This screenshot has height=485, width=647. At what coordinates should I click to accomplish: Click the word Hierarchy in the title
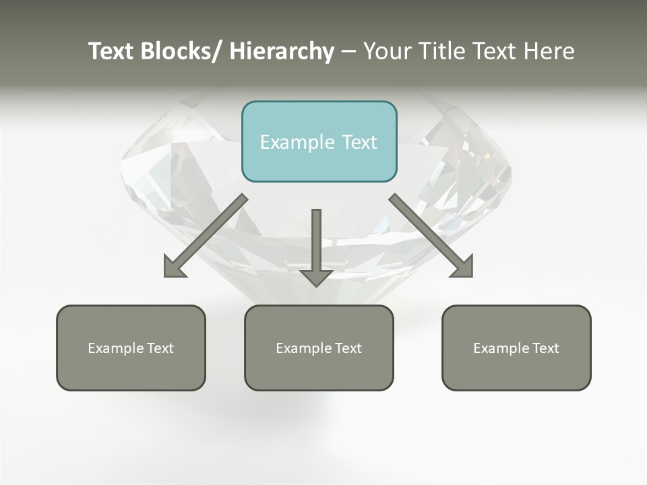pyautogui.click(x=282, y=52)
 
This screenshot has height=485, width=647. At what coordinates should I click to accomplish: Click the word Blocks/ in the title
pyautogui.click(x=181, y=52)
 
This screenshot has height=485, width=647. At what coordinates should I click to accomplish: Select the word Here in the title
pyautogui.click(x=549, y=52)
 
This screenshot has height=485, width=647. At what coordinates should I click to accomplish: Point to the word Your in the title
pyautogui.click(x=388, y=52)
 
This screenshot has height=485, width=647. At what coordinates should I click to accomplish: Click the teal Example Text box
pyautogui.click(x=319, y=141)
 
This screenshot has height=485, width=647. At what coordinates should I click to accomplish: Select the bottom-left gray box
pyautogui.click(x=131, y=348)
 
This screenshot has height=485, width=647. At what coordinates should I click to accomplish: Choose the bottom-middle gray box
pyautogui.click(x=319, y=348)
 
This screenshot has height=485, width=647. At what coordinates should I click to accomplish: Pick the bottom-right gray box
pyautogui.click(x=516, y=348)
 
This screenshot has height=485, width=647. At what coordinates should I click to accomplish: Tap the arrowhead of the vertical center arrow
pyautogui.click(x=316, y=277)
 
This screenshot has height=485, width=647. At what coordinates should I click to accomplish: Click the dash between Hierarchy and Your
pyautogui.click(x=348, y=52)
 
